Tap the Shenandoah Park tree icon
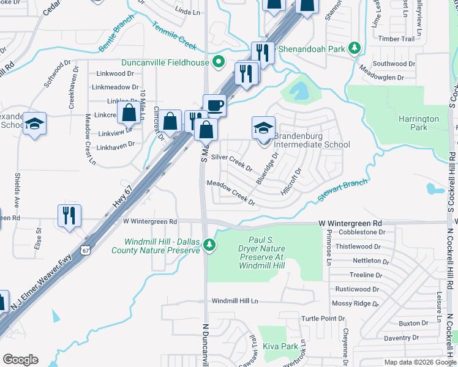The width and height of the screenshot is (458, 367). tap(354, 48)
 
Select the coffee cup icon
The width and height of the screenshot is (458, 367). tap(214, 105)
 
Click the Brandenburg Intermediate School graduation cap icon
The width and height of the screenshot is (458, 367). tap(263, 128)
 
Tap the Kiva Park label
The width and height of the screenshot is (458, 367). tap(280, 346)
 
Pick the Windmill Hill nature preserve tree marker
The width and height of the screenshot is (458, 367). tap(209, 245)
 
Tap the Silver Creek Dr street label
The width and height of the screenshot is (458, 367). tap(231, 162)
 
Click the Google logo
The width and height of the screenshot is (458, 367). tap(21, 360)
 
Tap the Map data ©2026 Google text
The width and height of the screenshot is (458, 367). tap(419, 362)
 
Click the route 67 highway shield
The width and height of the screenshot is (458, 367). tap(86, 250)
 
